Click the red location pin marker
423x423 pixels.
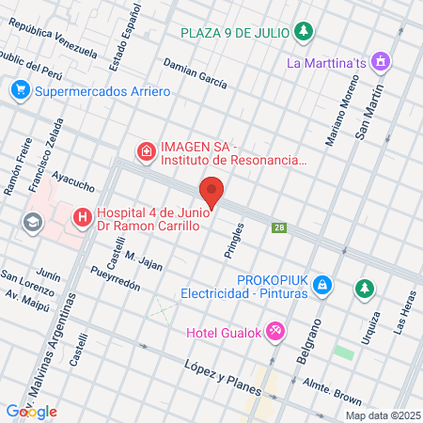point(212,191)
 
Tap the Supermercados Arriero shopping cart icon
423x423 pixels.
point(20,91)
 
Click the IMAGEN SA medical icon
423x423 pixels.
point(146,150)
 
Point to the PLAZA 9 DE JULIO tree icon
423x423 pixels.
point(303,34)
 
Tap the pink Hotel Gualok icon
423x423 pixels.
point(275,331)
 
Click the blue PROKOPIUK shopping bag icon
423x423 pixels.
point(322,283)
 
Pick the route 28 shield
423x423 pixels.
point(278,227)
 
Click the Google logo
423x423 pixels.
point(32,411)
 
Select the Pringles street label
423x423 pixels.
point(236,239)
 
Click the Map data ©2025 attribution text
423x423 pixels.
point(382,415)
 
